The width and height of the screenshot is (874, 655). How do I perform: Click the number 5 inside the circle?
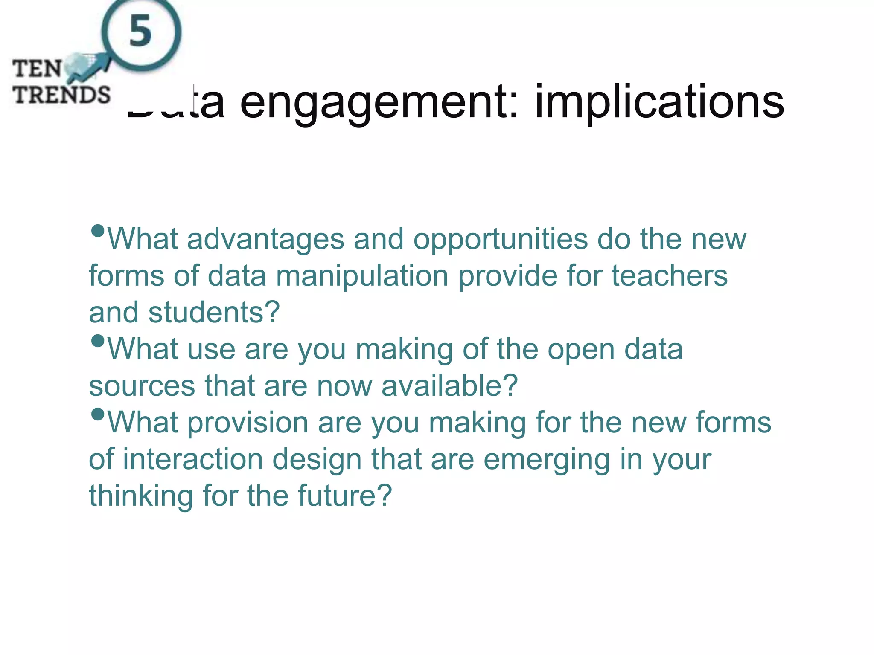(140, 31)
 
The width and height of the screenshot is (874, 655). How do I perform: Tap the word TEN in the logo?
(37, 69)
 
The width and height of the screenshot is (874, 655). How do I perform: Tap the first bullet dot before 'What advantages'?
(98, 231)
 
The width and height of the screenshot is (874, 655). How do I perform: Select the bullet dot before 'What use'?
(98, 341)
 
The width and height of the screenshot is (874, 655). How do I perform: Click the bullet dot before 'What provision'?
(98, 414)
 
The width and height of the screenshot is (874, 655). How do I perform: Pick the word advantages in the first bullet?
(265, 239)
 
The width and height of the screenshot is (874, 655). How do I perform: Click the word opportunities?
(500, 239)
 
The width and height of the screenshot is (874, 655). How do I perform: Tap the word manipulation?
(362, 276)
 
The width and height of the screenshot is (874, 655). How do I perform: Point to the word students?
(214, 313)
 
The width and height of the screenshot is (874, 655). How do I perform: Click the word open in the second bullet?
(581, 350)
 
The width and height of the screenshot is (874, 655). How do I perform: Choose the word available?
(449, 386)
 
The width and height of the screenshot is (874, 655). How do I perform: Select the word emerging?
(547, 460)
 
